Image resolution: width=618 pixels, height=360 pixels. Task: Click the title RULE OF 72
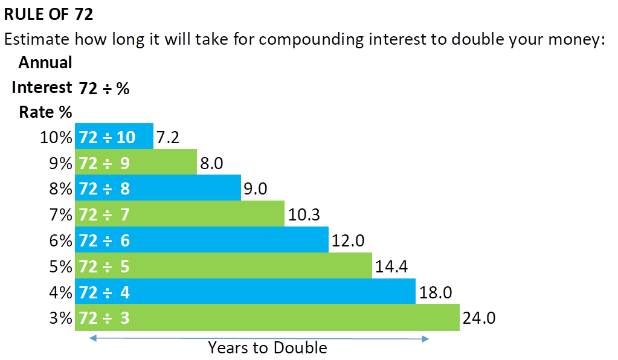(49, 14)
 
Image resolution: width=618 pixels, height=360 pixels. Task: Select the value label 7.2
(167, 137)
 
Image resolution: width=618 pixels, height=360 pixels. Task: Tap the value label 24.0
(478, 318)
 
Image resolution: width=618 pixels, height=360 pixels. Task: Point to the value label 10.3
(304, 214)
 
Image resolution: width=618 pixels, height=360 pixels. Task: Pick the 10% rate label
(56, 137)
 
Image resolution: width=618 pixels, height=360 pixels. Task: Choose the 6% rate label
(60, 240)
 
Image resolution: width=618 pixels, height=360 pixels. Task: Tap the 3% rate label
(60, 318)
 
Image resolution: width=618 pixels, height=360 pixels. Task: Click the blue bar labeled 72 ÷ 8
(158, 188)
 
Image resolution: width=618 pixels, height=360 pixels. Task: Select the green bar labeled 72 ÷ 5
(223, 266)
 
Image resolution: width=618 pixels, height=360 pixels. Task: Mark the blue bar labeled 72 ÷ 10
(114, 137)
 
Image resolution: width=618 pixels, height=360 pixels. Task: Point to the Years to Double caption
(267, 348)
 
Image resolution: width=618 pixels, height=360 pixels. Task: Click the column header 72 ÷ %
(104, 88)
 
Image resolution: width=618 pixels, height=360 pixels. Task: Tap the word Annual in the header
(45, 62)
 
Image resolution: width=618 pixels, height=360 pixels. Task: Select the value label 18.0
(435, 292)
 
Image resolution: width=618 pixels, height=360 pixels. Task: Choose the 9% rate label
(60, 163)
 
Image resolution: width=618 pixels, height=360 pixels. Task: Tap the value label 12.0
(348, 240)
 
